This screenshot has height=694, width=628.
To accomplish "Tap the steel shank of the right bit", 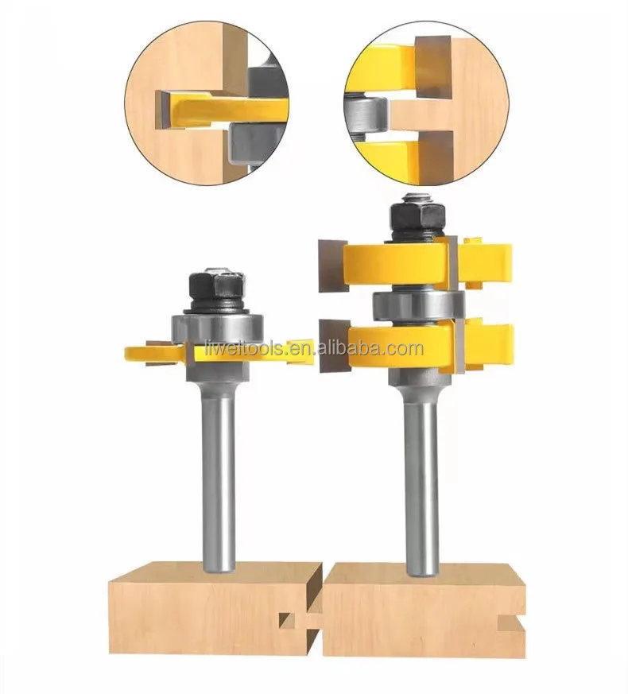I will (x=420, y=477).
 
